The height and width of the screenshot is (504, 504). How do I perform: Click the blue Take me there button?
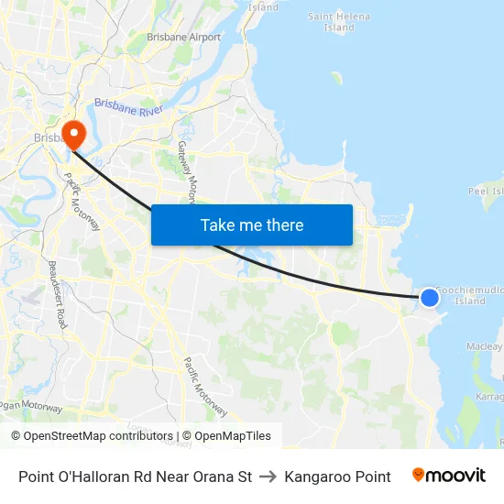tap(252, 225)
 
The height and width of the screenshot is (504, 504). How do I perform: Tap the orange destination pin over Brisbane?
tap(71, 133)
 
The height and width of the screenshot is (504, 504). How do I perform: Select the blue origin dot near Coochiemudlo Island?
tap(429, 296)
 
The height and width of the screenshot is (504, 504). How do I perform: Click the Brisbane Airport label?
tap(184, 38)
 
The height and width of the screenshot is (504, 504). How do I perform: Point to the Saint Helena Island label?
tap(338, 22)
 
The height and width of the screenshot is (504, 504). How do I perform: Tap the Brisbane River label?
tap(127, 108)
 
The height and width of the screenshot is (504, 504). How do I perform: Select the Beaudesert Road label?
tap(57, 293)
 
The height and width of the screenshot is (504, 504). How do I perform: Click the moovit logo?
tap(449, 476)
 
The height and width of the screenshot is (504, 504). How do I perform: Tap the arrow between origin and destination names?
tap(268, 477)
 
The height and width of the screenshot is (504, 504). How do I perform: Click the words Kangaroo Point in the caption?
tap(337, 477)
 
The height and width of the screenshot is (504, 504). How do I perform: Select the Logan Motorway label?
tap(32, 407)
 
